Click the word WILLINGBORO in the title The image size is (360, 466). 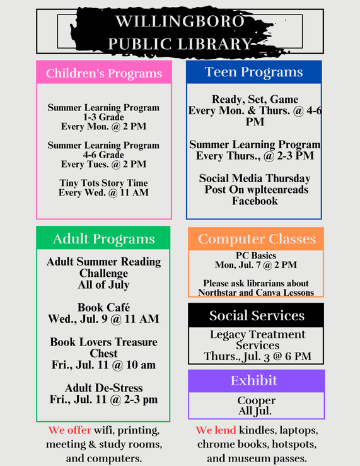coord(180,22)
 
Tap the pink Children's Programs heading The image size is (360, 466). coord(104,73)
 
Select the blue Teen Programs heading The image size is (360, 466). coord(253,72)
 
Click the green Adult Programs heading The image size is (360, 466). coord(103,239)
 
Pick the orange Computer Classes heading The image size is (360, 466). coord(257,239)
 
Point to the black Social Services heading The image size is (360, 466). coord(257,315)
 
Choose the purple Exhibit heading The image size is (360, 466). coord(256,381)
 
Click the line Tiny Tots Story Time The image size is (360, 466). coord(103,183)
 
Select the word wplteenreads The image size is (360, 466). coord(272,190)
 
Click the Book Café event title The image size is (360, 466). coord(103,308)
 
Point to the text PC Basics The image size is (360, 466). coord(255,256)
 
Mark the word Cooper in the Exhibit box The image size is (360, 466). coord(256,400)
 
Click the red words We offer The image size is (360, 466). coord(70,431)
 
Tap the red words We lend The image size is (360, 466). coord(216,431)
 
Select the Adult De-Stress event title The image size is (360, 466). coord(103,388)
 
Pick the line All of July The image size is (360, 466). coord(103,284)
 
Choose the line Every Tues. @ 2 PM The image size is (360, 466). coord(103,164)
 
